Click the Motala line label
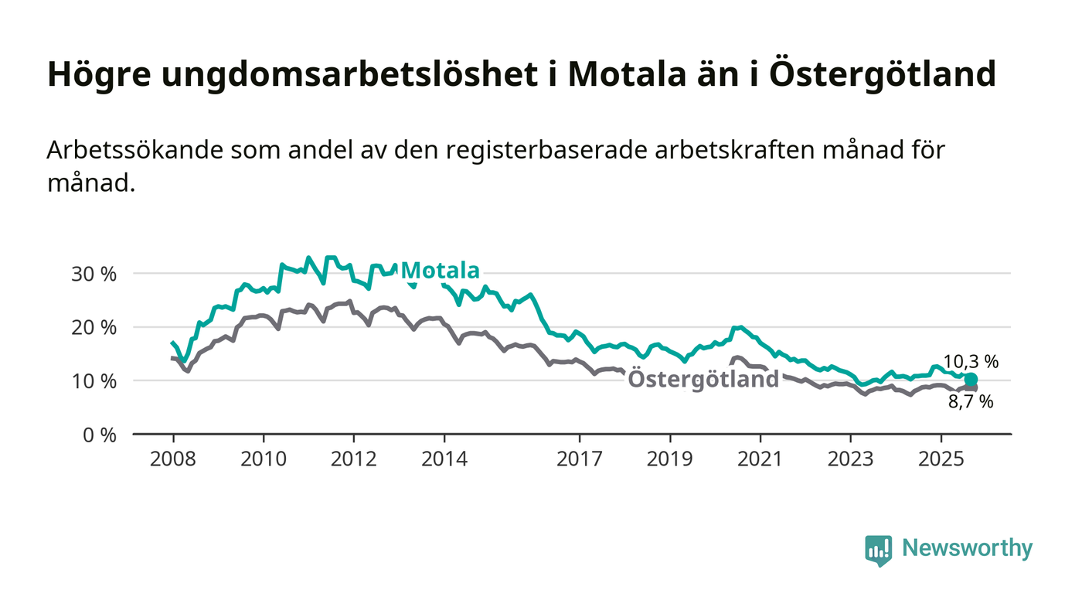click(441, 271)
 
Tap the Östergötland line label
click(703, 380)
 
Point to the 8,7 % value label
click(971, 401)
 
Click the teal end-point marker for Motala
click(971, 379)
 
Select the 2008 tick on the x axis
click(173, 459)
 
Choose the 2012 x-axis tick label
click(353, 459)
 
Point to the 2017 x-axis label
click(580, 459)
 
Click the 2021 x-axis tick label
click(760, 459)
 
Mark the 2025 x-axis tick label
click(941, 459)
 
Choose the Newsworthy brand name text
click(967, 548)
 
